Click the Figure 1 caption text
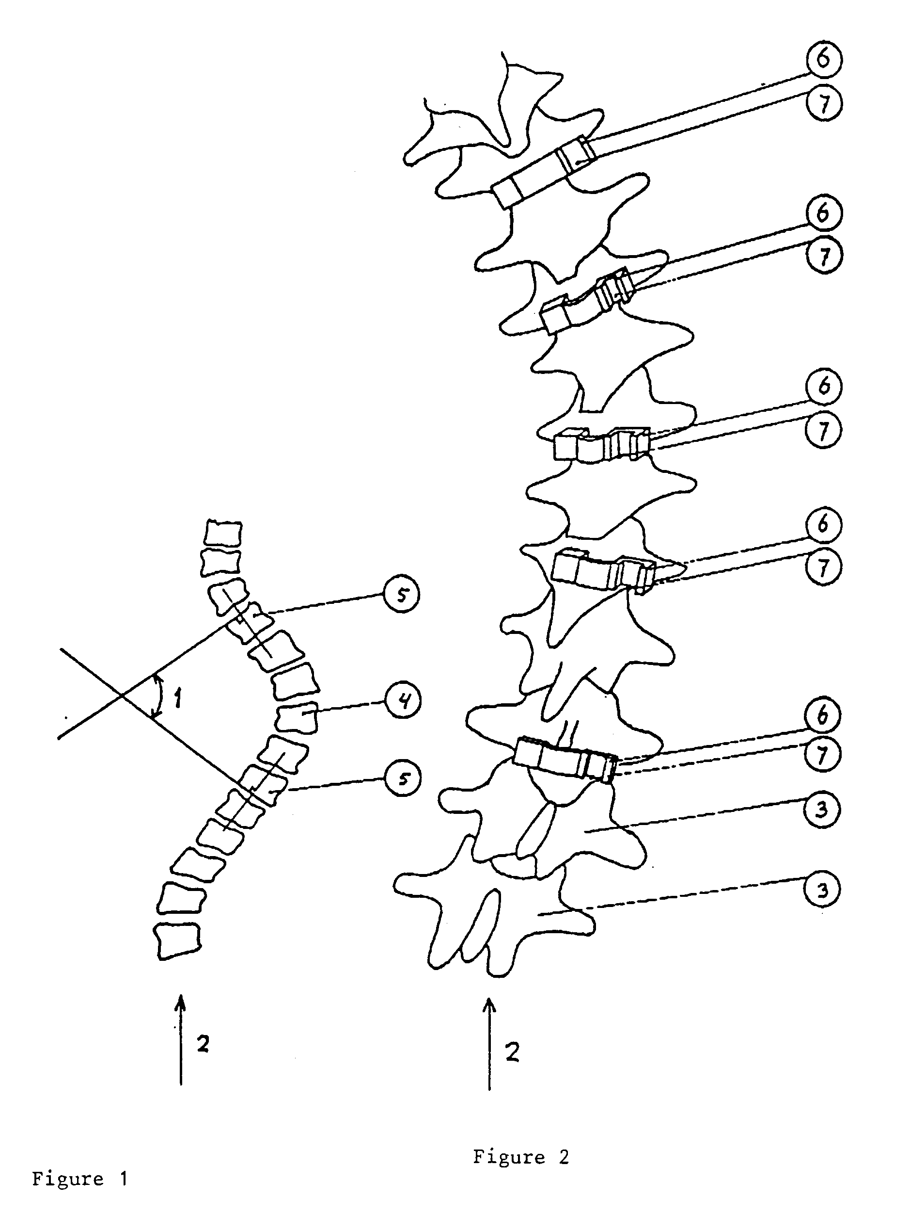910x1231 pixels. pyautogui.click(x=80, y=1179)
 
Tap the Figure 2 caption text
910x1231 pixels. pyautogui.click(x=520, y=1157)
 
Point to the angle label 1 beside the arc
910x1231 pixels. pyautogui.click(x=177, y=699)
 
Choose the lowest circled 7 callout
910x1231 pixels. pyautogui.click(x=822, y=755)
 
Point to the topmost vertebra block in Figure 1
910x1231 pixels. pyautogui.click(x=223, y=533)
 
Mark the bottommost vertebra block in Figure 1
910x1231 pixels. pyautogui.click(x=177, y=941)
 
